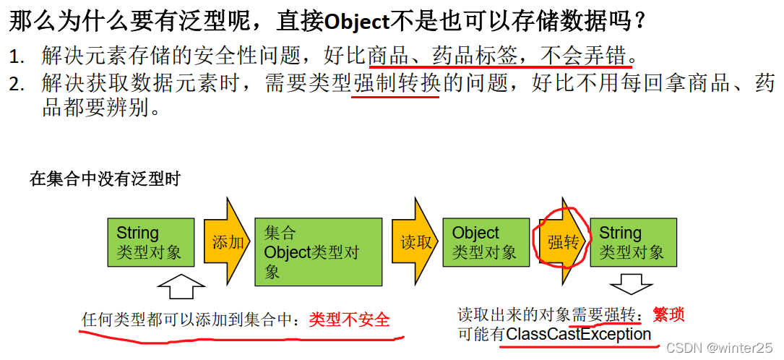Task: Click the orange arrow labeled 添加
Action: coord(227,242)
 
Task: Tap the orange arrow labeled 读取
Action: coord(416,242)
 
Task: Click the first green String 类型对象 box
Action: coord(150,242)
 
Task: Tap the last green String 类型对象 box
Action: coord(633,242)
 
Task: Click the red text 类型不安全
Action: coord(349,320)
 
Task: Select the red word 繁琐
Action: coord(668,314)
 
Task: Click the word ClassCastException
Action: coord(579,335)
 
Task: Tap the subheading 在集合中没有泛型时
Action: coord(105,179)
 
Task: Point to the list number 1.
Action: coord(16,56)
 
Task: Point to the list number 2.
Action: coord(16,85)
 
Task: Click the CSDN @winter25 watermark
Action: coord(720,348)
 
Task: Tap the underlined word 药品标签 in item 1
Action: coord(478,55)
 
